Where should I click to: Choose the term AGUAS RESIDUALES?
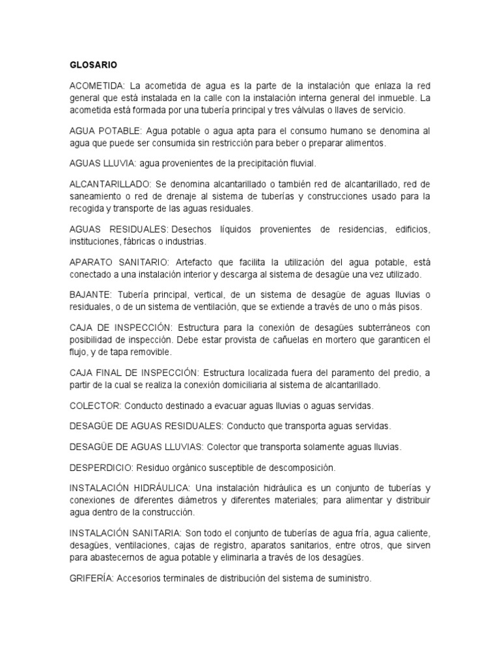[x=118, y=229]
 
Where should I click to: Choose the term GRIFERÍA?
[x=92, y=577]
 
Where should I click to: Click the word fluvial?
[x=301, y=163]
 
